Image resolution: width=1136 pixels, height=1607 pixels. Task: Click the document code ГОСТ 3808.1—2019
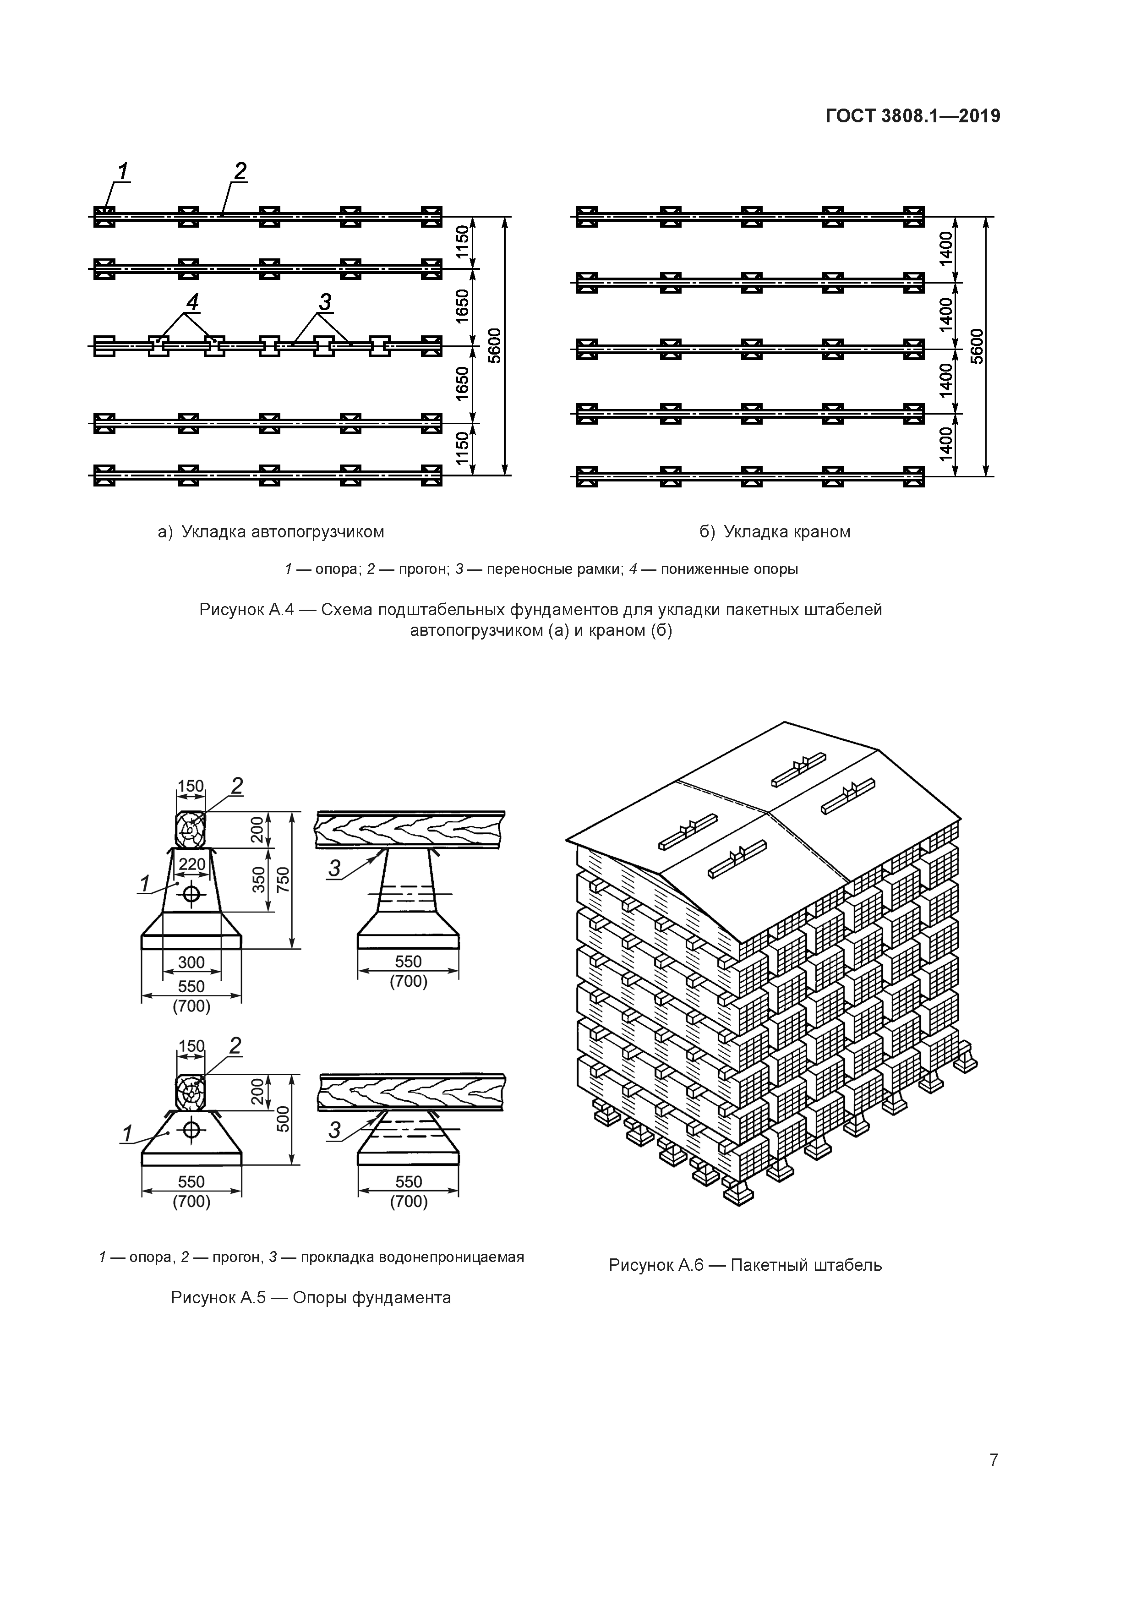913,116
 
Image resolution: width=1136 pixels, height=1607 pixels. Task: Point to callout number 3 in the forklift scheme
325,302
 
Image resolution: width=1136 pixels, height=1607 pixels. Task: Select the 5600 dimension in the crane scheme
977,346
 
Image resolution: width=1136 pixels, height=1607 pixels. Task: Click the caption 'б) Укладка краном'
775,532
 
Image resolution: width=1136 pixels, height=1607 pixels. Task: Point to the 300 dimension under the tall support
191,962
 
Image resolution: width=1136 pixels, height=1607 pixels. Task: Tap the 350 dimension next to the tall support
259,880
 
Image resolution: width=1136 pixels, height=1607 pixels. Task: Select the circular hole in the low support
192,1129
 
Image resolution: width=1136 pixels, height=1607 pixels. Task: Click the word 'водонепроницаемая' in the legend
451,1257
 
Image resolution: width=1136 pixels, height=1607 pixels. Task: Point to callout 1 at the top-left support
123,171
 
